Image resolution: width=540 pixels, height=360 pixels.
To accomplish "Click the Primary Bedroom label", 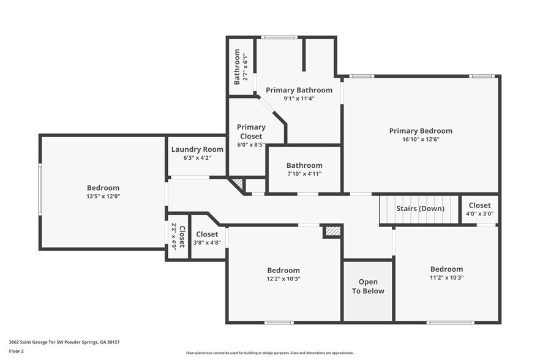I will (421, 130).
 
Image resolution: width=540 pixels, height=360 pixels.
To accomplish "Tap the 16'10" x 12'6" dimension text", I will (421, 139).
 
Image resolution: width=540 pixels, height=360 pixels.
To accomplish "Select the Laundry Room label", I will (197, 149).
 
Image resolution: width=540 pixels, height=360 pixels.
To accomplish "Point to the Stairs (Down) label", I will (420, 208).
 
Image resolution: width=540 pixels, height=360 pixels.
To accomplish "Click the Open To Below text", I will (368, 287).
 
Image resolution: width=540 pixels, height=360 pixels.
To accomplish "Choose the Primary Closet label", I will (251, 132).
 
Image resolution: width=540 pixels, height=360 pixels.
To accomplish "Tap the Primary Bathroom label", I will (299, 90).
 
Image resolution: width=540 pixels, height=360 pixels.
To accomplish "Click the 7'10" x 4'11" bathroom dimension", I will (304, 174).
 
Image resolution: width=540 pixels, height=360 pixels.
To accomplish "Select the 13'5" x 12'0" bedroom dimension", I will (103, 197).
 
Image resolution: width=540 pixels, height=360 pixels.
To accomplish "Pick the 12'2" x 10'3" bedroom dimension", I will (283, 279).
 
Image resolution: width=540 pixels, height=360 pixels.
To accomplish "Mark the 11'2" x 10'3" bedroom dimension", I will (446, 277).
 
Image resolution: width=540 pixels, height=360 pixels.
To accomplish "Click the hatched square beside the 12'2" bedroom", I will (332, 231).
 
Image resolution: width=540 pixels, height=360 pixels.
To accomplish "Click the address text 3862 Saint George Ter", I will (64, 342).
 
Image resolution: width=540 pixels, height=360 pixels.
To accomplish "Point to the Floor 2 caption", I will (17, 351).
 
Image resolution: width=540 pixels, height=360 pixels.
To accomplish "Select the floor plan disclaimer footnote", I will (270, 353).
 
